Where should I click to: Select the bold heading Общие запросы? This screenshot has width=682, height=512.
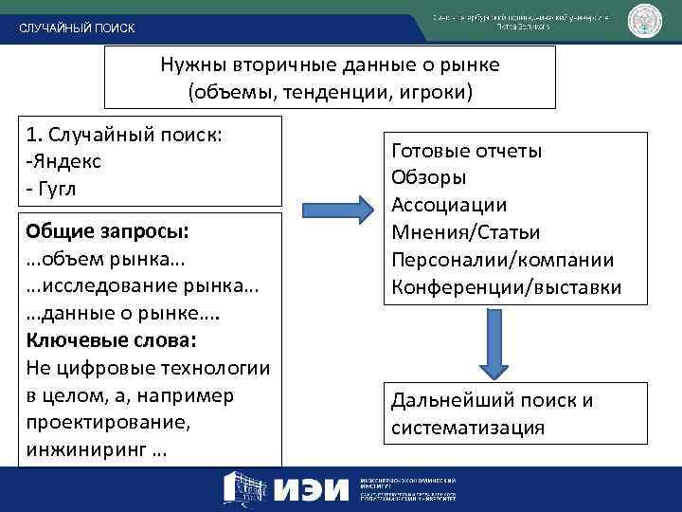pyautogui.click(x=108, y=231)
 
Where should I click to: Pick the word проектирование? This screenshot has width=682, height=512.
pyautogui.click(x=99, y=421)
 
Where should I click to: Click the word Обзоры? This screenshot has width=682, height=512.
pyautogui.click(x=428, y=178)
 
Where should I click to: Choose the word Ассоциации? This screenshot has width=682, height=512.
pyautogui.click(x=449, y=206)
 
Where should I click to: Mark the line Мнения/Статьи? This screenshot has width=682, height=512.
pyautogui.click(x=465, y=232)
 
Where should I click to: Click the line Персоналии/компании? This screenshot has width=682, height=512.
pyautogui.click(x=502, y=260)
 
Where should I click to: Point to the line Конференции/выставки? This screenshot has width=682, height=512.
pyautogui.click(x=506, y=287)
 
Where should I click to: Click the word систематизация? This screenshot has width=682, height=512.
pyautogui.click(x=468, y=428)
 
